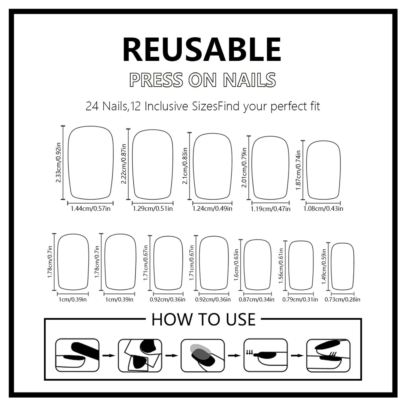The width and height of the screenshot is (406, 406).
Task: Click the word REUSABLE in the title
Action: (x=202, y=50)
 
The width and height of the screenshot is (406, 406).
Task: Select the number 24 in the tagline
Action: (x=92, y=106)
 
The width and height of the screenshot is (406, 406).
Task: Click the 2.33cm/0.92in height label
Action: (x=58, y=162)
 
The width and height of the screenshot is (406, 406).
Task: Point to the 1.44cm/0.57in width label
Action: (x=90, y=209)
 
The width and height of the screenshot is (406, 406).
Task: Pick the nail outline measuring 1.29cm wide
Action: (x=153, y=164)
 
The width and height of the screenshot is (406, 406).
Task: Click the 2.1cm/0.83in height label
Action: (x=185, y=166)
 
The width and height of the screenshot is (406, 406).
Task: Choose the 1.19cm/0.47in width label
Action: (x=270, y=209)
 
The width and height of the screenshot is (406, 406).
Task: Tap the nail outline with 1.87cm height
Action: (x=323, y=170)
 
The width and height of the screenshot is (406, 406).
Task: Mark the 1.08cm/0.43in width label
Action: (x=323, y=209)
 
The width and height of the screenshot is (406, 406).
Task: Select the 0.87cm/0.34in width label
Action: (x=256, y=299)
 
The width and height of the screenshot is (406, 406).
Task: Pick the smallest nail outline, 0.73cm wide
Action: (x=342, y=267)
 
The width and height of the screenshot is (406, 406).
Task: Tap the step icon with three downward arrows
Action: (x=266, y=355)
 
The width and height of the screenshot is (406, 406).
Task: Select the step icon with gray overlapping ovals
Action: (x=203, y=355)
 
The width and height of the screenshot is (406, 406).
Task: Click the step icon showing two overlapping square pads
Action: (x=140, y=355)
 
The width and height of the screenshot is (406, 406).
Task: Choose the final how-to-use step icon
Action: (x=328, y=355)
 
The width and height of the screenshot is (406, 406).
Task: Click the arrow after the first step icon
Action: (x=109, y=355)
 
